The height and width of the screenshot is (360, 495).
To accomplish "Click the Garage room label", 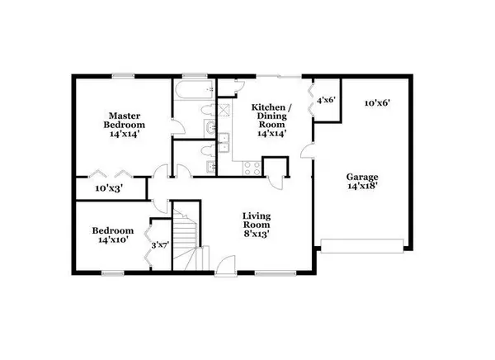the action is [x=362, y=177].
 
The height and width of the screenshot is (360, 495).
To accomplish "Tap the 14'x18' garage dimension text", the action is [x=362, y=186].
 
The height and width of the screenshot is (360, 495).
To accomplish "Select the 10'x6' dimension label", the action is [x=378, y=103].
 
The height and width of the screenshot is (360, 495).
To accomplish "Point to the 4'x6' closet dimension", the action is [x=326, y=101].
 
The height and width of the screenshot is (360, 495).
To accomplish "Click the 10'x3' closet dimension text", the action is [x=109, y=189].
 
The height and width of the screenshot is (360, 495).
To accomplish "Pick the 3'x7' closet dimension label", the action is [x=160, y=245].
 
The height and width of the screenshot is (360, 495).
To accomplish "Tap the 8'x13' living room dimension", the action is [x=257, y=234].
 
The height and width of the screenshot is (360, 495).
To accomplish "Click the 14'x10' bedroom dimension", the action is [x=113, y=240].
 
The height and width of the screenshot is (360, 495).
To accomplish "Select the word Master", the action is [x=125, y=116].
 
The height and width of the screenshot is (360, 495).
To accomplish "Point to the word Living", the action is [x=257, y=216].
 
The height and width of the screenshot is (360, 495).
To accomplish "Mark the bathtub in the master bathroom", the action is [x=195, y=90].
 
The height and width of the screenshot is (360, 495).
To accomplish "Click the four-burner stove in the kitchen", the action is [x=252, y=168].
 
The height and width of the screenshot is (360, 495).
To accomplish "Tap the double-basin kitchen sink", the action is [x=224, y=143].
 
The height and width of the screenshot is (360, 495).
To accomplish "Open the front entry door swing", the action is [x=225, y=266].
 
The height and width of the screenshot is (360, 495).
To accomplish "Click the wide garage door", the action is [x=362, y=246].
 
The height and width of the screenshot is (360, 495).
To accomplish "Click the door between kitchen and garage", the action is [x=308, y=149].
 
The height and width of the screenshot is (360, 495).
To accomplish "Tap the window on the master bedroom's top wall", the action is [x=124, y=76].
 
